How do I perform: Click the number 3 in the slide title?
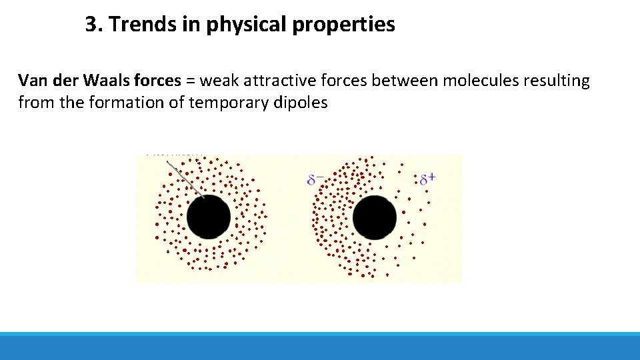pyautogui.click(x=91, y=25)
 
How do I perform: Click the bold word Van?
pyautogui.click(x=32, y=81)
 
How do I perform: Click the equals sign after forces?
pyautogui.click(x=190, y=82)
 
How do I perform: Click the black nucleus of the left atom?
pyautogui.click(x=209, y=217)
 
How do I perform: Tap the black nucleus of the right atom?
pyautogui.click(x=374, y=217)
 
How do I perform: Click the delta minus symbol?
pyautogui.click(x=316, y=179)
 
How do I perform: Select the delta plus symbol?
pyautogui.click(x=427, y=179)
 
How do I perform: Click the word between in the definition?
pyautogui.click(x=403, y=81)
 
